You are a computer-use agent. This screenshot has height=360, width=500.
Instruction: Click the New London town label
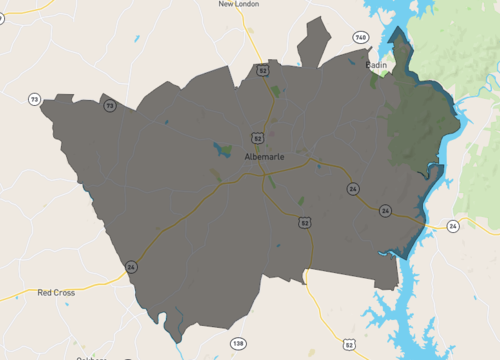(x=239, y=5)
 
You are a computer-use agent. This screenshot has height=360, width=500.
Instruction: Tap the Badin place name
(x=376, y=65)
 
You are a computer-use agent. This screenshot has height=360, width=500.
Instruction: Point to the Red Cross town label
(x=57, y=293)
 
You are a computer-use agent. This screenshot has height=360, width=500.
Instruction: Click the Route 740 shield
(x=360, y=37)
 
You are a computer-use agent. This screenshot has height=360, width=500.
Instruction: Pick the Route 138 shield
(x=237, y=343)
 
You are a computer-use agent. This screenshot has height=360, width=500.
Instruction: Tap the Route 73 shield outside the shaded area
(x=35, y=100)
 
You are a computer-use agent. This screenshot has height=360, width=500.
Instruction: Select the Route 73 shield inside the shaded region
(x=109, y=105)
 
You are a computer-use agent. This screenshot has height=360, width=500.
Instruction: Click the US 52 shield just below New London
(x=262, y=70)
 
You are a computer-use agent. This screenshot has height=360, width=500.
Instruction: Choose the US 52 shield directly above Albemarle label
(x=257, y=138)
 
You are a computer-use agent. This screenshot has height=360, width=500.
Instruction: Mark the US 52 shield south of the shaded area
(x=348, y=344)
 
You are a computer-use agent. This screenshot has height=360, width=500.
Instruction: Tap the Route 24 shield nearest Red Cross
(x=131, y=266)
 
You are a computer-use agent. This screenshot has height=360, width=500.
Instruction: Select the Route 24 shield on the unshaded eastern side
(x=453, y=227)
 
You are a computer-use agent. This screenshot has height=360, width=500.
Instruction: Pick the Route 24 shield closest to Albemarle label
(x=353, y=188)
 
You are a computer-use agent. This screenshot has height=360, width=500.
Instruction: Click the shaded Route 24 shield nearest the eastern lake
(x=385, y=211)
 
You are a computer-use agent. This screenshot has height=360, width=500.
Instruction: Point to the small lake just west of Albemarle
(x=219, y=151)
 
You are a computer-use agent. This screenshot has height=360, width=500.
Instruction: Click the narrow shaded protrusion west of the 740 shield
(x=314, y=42)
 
